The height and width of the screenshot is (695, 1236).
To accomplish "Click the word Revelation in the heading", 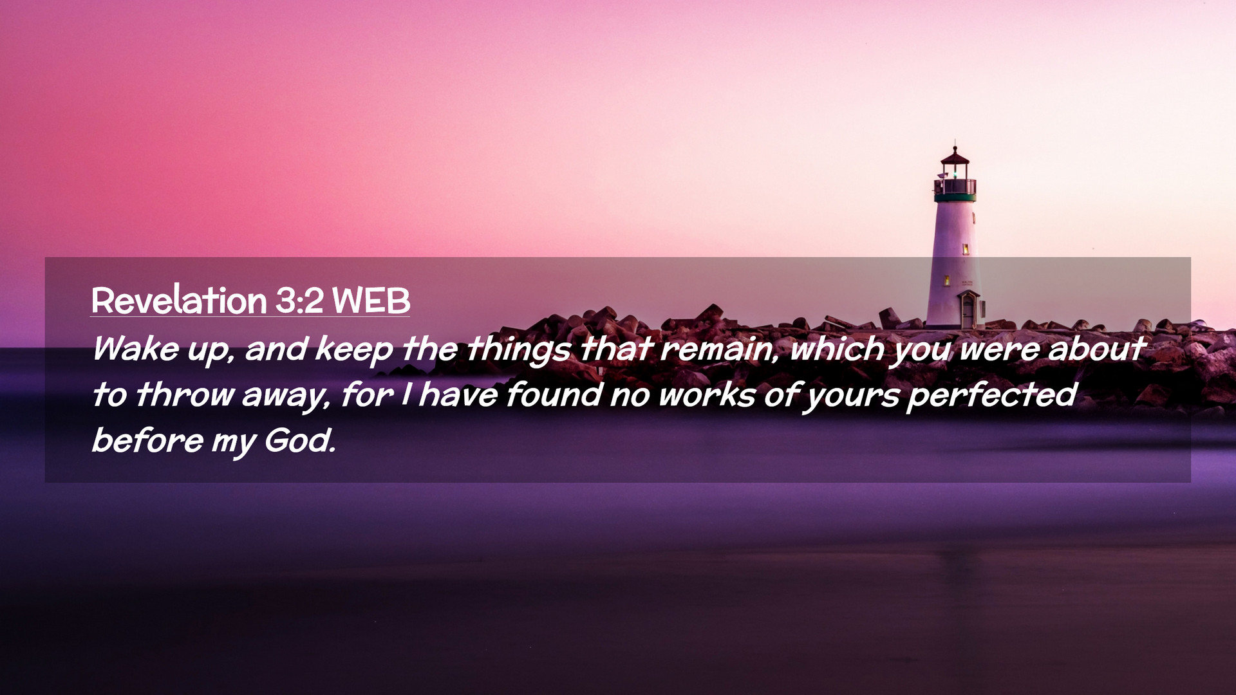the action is pyautogui.click(x=179, y=301).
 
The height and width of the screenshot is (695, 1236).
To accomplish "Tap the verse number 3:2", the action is pyautogui.click(x=300, y=301).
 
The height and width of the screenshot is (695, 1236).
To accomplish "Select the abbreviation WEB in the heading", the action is pyautogui.click(x=371, y=301).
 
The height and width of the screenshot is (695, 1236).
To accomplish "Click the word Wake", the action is pyautogui.click(x=136, y=349).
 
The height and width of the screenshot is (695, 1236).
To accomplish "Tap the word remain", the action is pyautogui.click(x=716, y=349).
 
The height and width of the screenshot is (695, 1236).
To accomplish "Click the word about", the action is pyautogui.click(x=1096, y=349).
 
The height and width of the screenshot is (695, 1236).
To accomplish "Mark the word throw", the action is pyautogui.click(x=185, y=394).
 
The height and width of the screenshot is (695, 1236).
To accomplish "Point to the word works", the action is pyautogui.click(x=707, y=394).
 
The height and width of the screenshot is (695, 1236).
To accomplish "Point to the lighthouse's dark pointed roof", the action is pyautogui.click(x=955, y=156).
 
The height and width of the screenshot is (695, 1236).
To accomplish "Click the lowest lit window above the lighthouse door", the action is pyautogui.click(x=947, y=280).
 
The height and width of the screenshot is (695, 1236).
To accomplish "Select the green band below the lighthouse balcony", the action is pyautogui.click(x=955, y=198).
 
